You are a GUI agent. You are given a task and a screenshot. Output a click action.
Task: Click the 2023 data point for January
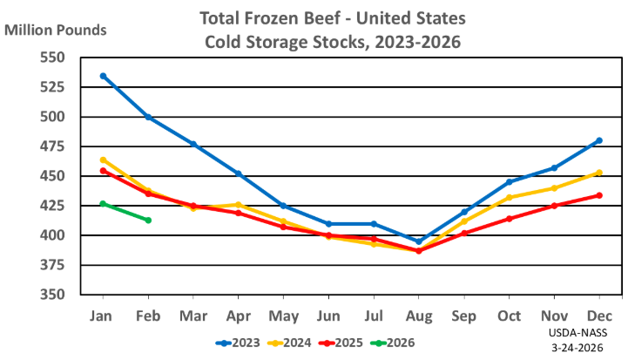(x=103, y=76)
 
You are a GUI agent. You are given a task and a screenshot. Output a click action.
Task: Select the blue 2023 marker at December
(x=599, y=140)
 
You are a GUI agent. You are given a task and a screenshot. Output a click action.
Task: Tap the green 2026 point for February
(x=148, y=220)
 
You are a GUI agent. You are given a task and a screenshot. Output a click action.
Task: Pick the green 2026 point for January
(x=103, y=203)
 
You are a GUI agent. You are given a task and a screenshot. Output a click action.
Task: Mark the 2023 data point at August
(x=419, y=241)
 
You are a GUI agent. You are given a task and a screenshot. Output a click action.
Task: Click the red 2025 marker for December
(x=599, y=195)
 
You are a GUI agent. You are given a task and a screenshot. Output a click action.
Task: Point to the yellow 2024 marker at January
(x=103, y=160)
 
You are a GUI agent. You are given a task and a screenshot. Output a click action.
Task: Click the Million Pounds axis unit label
(x=56, y=30)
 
